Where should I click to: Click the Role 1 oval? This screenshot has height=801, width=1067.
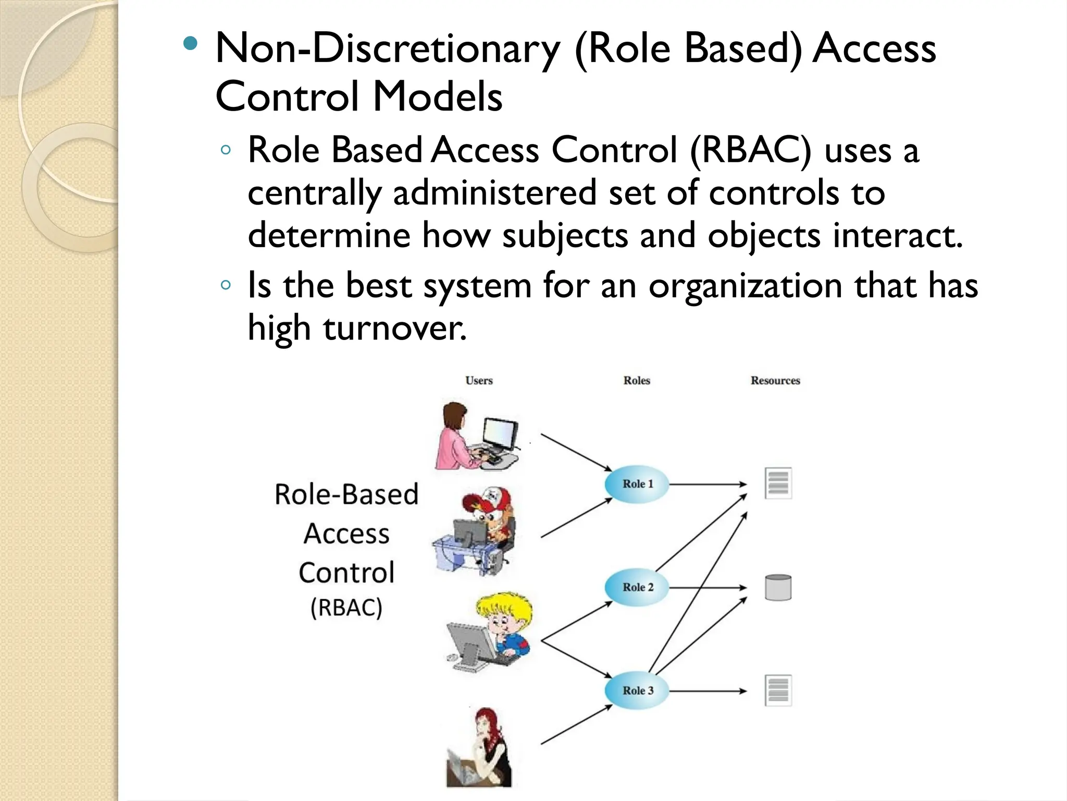[637, 484]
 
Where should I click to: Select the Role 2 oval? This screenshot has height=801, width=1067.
[637, 587]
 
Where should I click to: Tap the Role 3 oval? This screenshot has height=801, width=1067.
[637, 690]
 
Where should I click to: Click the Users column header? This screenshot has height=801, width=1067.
[479, 381]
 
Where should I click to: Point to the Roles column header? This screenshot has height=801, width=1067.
[637, 381]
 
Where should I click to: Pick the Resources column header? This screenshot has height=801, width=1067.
[775, 381]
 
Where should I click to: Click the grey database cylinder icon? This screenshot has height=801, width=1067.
[778, 588]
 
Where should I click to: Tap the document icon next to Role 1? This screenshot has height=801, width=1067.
[778, 483]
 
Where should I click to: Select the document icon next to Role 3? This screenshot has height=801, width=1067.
[778, 690]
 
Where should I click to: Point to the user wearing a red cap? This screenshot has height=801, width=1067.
[487, 527]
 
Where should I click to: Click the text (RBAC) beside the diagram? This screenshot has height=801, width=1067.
[346, 608]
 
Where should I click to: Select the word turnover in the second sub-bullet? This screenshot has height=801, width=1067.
[394, 329]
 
